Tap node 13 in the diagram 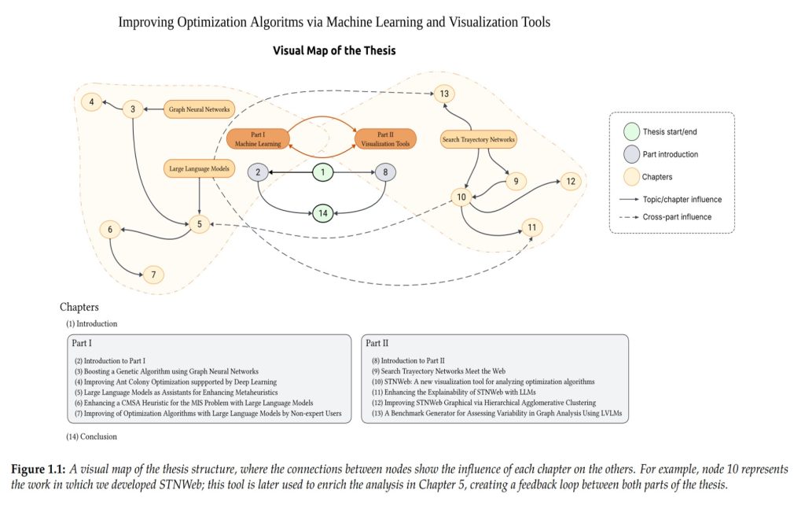(x=444, y=94)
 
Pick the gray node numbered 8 (x=385, y=172)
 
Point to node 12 (x=571, y=182)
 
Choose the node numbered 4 (x=92, y=101)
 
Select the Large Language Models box (x=200, y=167)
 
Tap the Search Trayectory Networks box (x=478, y=140)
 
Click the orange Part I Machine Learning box (x=258, y=140)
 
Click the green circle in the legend (x=632, y=131)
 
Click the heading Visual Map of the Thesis (x=334, y=51)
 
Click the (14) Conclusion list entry (x=91, y=436)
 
